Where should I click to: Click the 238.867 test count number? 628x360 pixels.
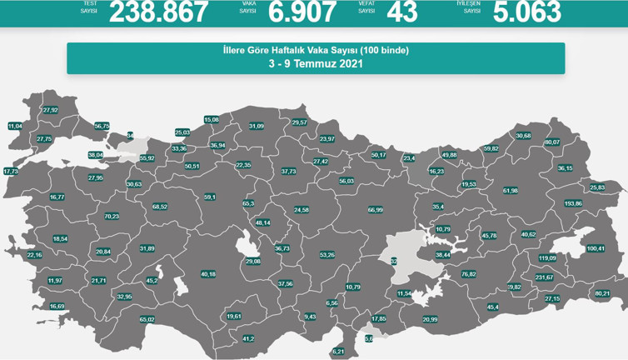(158, 12)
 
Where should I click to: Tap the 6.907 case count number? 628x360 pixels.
(302, 12)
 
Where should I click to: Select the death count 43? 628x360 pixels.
(402, 12)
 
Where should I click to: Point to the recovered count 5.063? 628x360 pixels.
(526, 12)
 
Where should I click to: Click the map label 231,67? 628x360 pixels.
(544, 277)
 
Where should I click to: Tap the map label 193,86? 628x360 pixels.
(573, 203)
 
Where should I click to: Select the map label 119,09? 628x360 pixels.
(547, 258)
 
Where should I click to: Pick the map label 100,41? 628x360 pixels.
(596, 248)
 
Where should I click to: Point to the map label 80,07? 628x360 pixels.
(552, 142)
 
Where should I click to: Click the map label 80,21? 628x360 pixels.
(602, 293)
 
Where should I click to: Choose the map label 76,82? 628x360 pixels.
(468, 274)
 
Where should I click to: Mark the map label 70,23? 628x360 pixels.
(112, 217)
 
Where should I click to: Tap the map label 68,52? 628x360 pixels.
(160, 207)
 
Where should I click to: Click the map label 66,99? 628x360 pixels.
(375, 210)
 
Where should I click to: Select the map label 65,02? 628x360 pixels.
(147, 319)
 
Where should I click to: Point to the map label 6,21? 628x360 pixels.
(337, 352)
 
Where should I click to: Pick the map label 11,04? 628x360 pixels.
(15, 126)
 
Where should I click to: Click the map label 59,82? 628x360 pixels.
(491, 148)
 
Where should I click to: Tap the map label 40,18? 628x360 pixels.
(208, 274)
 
